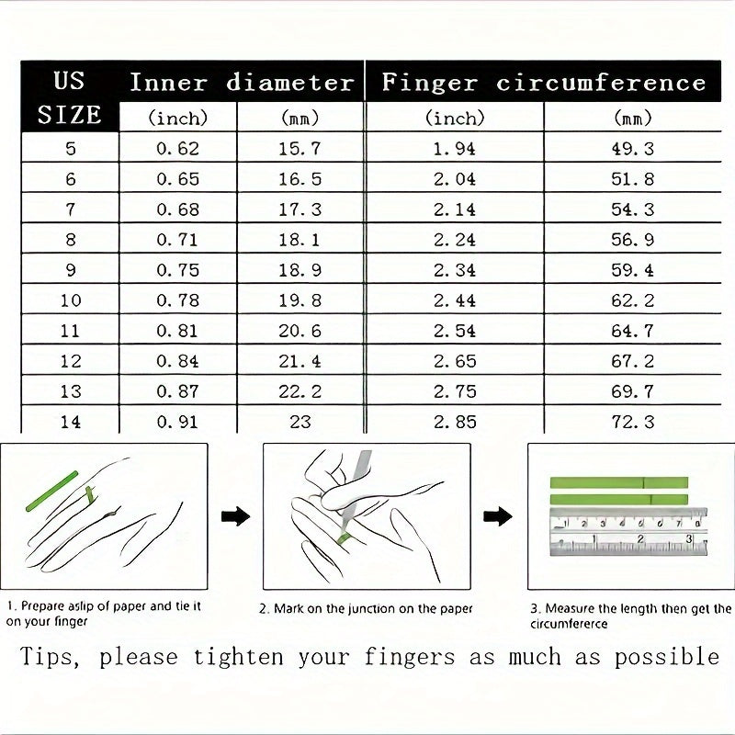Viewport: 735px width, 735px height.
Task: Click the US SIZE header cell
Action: coord(70,96)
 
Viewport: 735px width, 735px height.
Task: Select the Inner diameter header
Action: coord(241,83)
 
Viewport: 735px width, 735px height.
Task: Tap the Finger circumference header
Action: coord(543,83)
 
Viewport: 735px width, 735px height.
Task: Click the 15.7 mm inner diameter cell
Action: coord(300,148)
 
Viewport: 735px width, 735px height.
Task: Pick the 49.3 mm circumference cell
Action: coord(633,148)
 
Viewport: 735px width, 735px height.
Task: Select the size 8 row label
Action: coord(71,239)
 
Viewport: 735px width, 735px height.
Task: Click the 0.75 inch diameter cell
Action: coord(177,270)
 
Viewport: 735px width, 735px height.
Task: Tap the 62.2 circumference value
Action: coord(633,300)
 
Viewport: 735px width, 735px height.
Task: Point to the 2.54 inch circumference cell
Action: coord(454,331)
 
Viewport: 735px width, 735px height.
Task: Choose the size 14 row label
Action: coord(71,423)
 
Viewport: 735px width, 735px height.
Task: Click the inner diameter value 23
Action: coord(300,423)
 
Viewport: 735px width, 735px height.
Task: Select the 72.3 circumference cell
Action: coord(633,423)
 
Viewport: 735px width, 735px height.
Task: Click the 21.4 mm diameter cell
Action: coord(300,361)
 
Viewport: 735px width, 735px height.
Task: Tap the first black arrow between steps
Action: coord(236,516)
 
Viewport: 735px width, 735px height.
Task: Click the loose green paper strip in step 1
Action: coord(54,492)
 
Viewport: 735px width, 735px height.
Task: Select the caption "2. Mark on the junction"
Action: coord(366,608)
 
